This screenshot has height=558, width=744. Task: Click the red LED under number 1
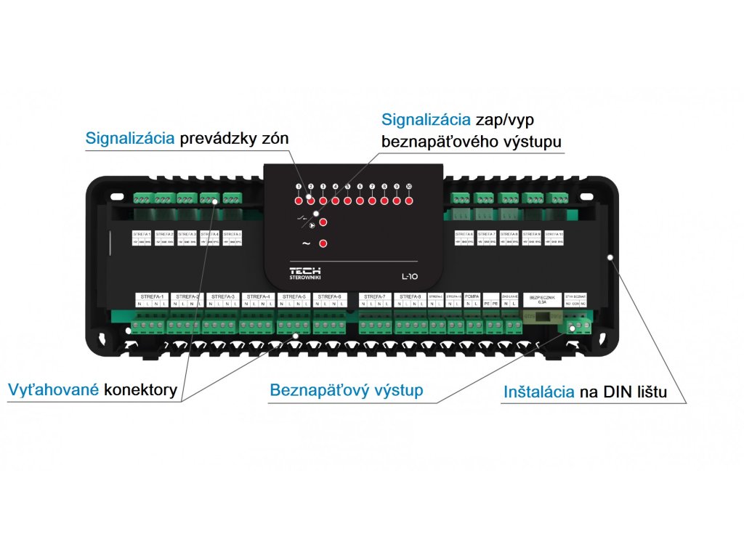tap(298, 201)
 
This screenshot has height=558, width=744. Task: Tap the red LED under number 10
tap(408, 201)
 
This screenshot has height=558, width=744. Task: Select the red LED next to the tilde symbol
tap(323, 243)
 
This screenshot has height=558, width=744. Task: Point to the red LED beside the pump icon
tap(323, 223)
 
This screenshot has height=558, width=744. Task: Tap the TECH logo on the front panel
tap(305, 270)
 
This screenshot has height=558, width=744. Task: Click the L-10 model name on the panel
tap(410, 275)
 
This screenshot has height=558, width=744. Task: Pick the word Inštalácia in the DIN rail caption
tap(540, 393)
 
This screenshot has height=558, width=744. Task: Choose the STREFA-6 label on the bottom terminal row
tap(330, 296)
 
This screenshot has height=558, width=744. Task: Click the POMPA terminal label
tap(472, 296)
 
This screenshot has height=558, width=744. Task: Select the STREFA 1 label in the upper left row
tap(142, 235)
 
